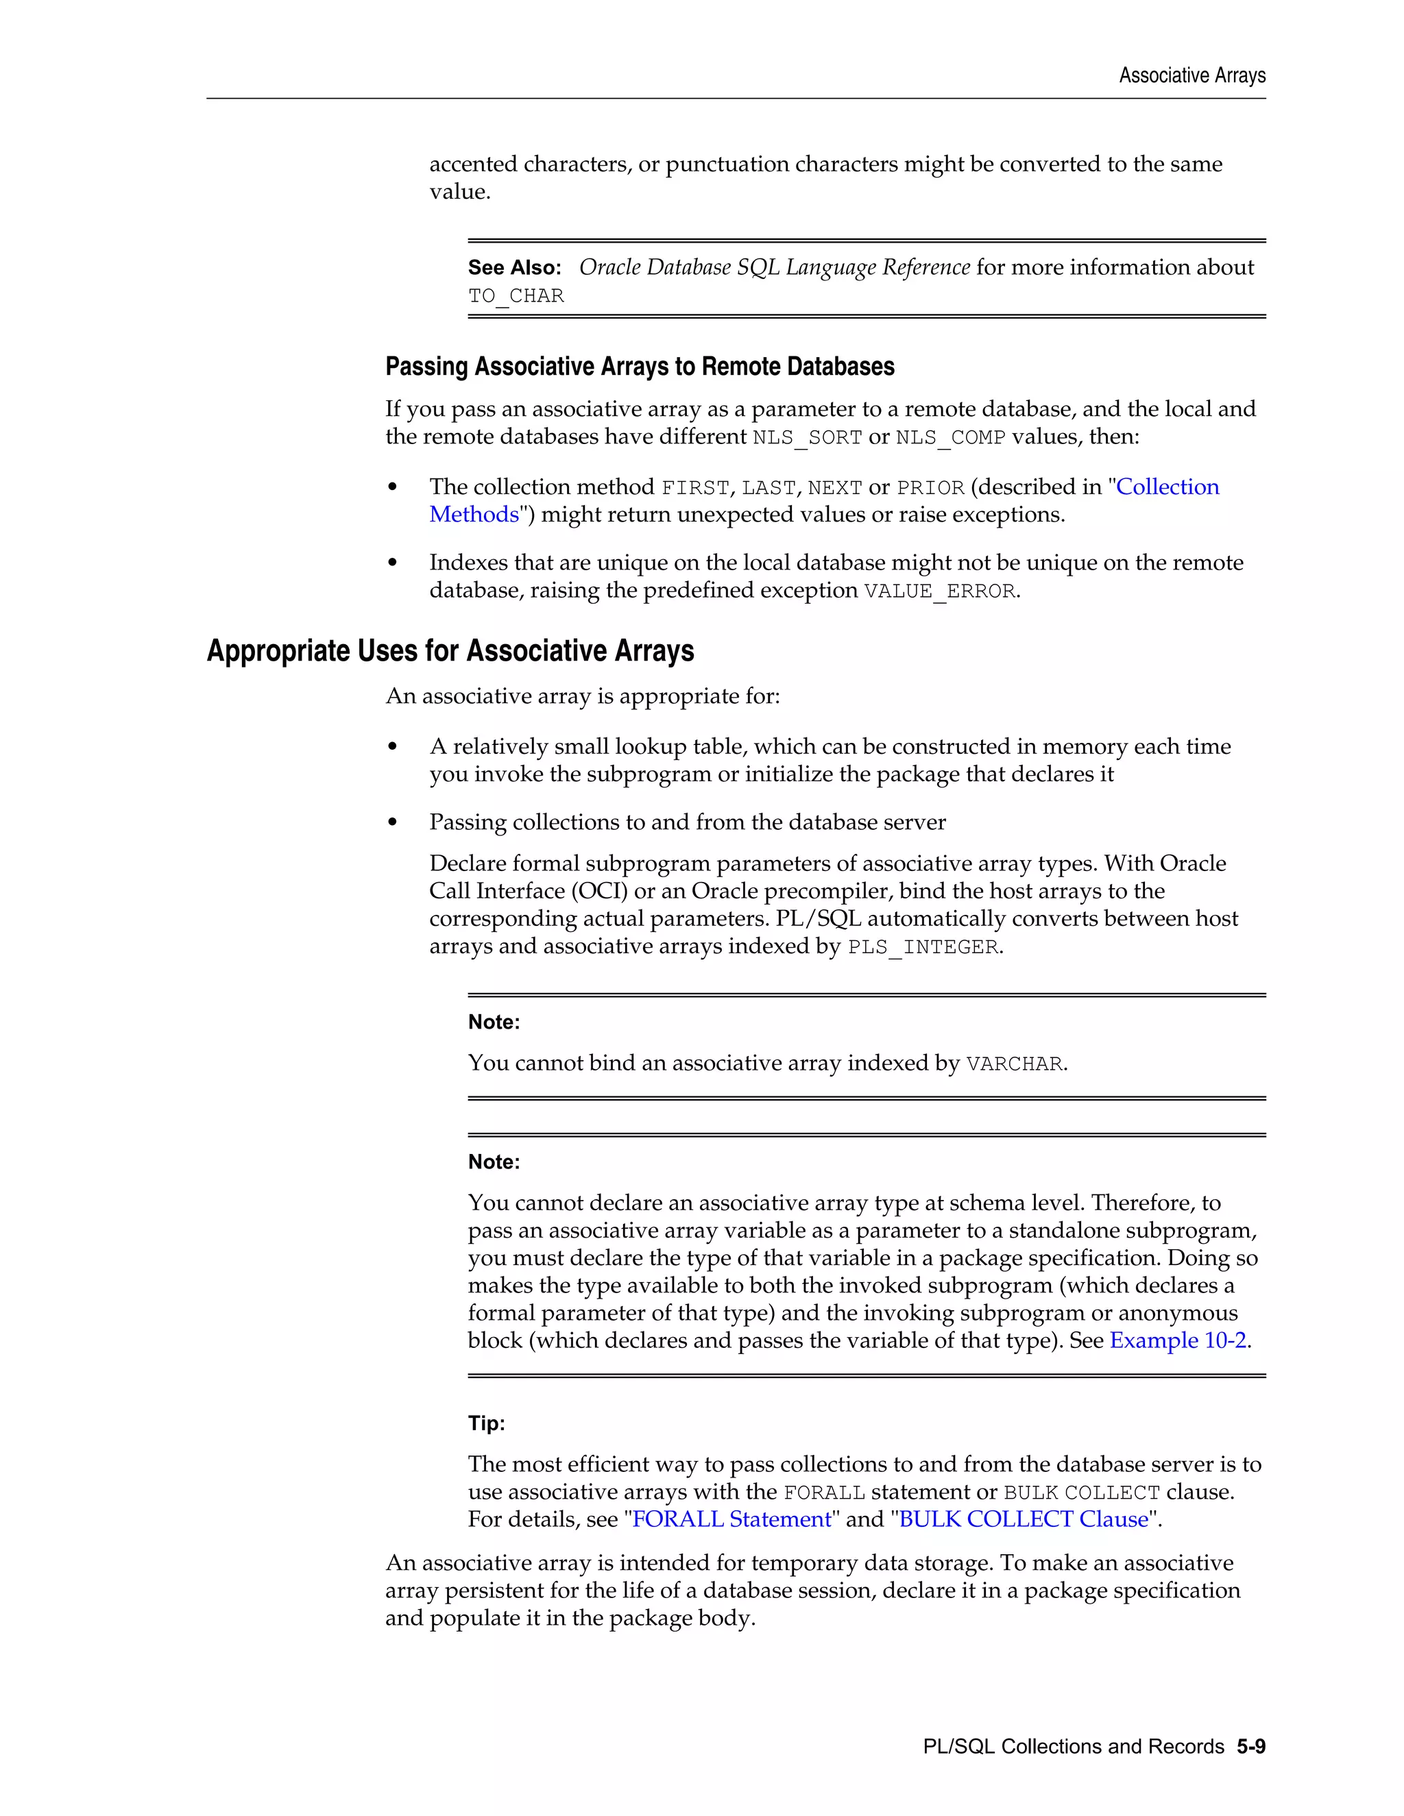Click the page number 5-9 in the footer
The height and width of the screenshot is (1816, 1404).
[1250, 1746]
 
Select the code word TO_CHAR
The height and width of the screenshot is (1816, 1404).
[516, 296]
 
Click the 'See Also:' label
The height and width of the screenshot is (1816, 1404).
[514, 268]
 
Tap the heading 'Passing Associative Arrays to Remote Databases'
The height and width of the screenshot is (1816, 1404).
[640, 367]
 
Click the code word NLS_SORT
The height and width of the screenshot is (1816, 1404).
[807, 437]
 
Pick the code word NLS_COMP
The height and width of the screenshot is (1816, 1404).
[950, 437]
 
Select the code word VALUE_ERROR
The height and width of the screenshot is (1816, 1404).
[940, 591]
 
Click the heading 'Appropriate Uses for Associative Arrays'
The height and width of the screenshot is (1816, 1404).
[450, 651]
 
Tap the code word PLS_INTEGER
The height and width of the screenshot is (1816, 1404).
[923, 947]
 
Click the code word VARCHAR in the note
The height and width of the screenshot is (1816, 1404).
[1014, 1064]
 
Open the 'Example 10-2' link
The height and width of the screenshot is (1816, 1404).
[1178, 1340]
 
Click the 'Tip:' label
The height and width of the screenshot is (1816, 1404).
[486, 1423]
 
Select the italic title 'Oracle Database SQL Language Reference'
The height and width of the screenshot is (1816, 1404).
[773, 268]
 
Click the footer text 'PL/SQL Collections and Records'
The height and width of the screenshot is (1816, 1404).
[1073, 1746]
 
